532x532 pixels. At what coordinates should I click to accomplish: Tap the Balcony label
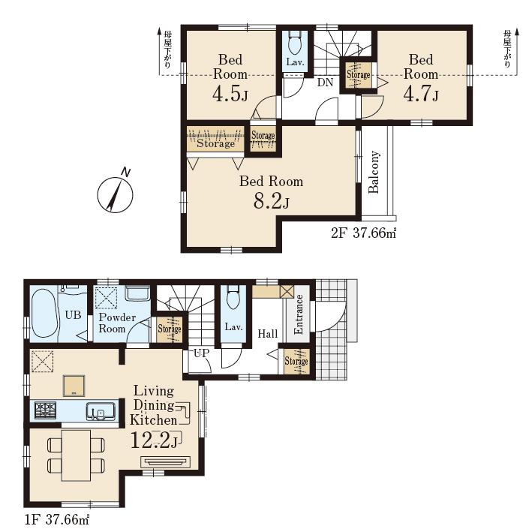click(374, 172)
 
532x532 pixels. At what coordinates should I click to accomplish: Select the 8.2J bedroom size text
click(271, 202)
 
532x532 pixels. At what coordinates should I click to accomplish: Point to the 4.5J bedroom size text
click(230, 94)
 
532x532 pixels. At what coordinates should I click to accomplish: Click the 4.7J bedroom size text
click(420, 94)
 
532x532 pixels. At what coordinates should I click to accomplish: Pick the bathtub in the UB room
click(44, 313)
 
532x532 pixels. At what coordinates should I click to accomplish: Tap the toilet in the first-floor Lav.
click(233, 297)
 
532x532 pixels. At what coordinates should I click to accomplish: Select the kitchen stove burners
click(45, 410)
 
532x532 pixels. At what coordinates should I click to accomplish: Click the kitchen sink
click(101, 411)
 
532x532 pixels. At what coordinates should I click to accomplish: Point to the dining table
click(76, 455)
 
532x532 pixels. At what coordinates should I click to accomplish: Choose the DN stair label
click(325, 83)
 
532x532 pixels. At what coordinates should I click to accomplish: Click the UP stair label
click(202, 353)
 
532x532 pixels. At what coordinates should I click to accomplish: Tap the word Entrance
click(299, 314)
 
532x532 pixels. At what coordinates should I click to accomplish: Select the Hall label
click(267, 334)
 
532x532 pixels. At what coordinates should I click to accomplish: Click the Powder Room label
click(117, 323)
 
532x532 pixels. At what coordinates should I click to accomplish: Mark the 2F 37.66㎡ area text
click(363, 233)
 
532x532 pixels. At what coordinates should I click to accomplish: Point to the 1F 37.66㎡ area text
click(57, 519)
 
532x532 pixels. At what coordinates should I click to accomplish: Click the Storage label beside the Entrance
click(296, 362)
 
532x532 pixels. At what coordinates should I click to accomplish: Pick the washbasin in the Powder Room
click(138, 293)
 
